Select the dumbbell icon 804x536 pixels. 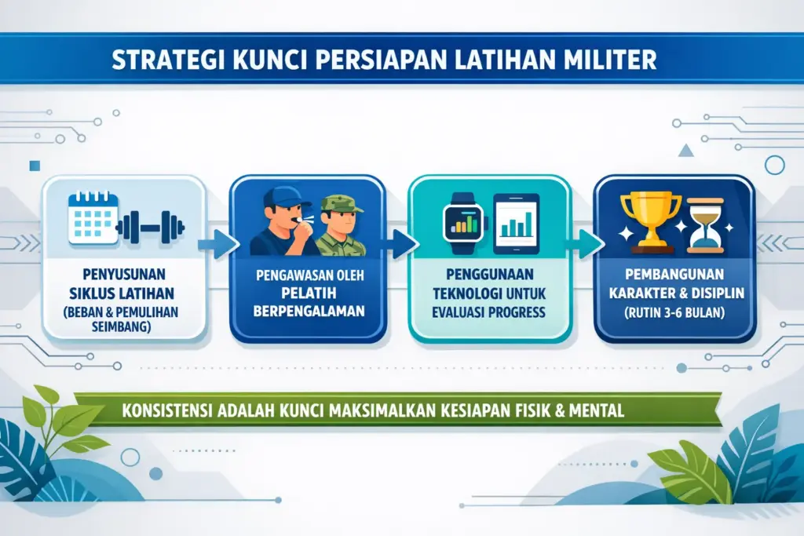tap(151, 228)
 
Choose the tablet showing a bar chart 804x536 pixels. tap(516, 224)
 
